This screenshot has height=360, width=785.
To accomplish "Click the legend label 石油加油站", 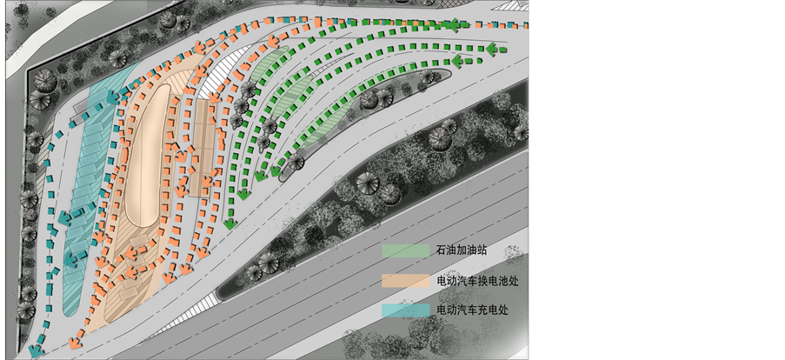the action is (x=461, y=250).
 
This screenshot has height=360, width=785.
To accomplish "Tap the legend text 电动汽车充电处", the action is (x=471, y=310).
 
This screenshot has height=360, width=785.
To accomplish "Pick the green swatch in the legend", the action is (x=406, y=250).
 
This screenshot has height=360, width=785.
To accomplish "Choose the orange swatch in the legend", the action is (x=406, y=281).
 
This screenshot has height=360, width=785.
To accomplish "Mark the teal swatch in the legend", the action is (x=406, y=310).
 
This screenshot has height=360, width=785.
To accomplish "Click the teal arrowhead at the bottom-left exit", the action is (x=35, y=351).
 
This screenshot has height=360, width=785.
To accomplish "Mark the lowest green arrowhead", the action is (x=230, y=224).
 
